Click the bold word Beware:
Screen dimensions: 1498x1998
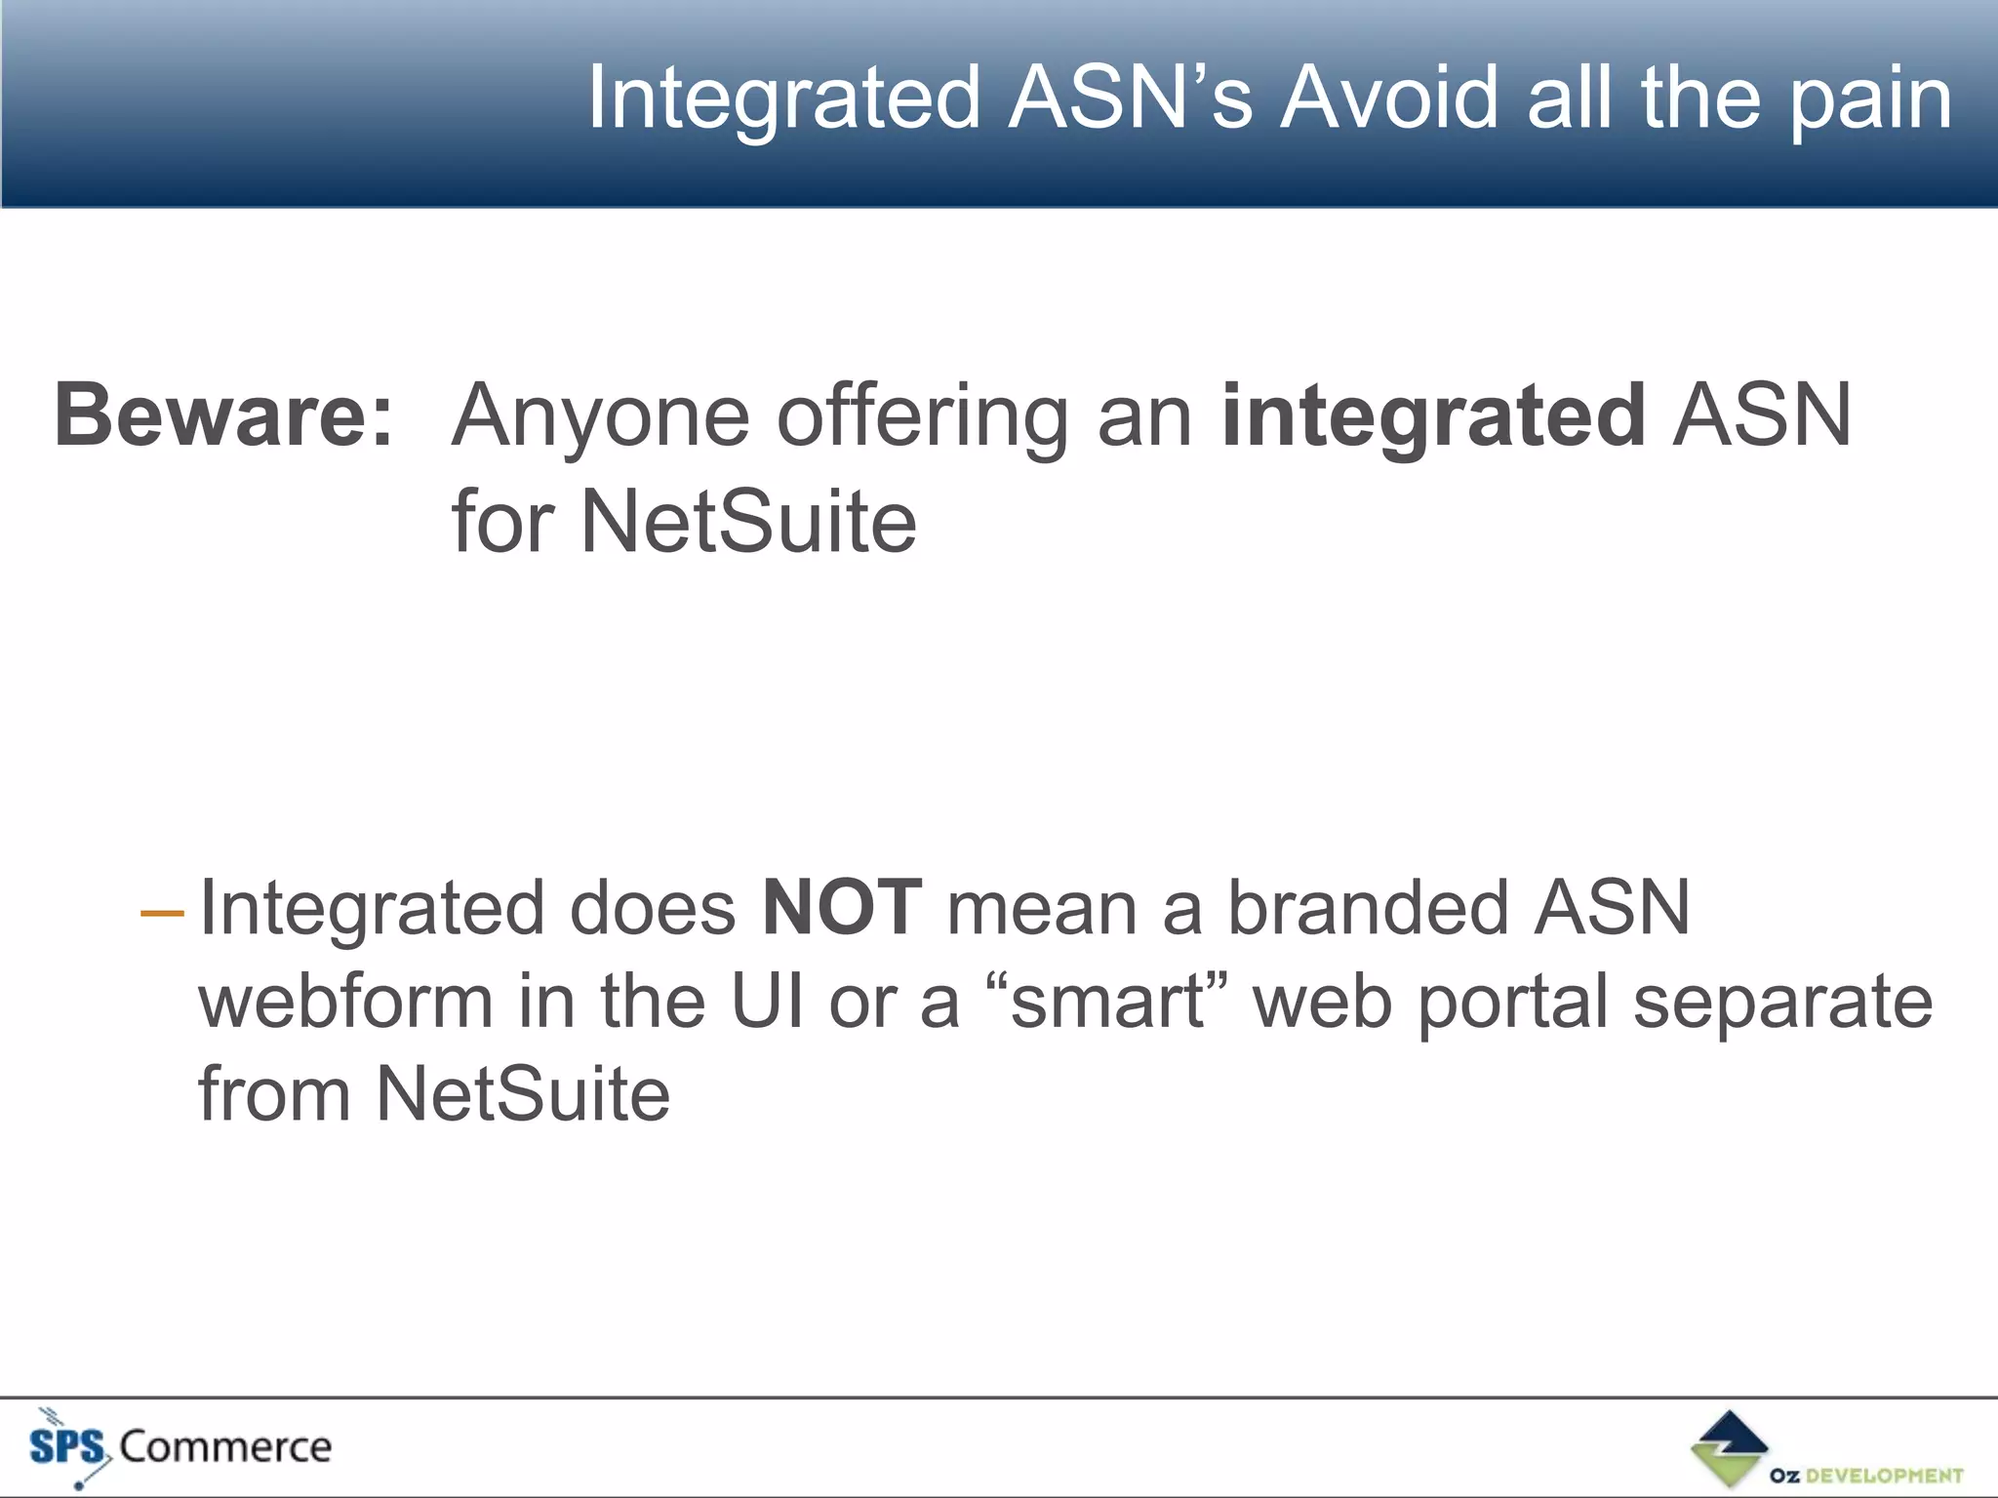pos(223,415)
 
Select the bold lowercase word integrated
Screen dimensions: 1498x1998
pos(1434,417)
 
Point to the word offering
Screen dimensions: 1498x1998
pos(922,417)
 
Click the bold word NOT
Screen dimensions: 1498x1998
pos(842,908)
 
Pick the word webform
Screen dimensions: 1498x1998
pos(346,1002)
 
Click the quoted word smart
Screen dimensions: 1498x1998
pos(1107,1002)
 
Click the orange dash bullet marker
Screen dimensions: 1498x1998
pos(162,914)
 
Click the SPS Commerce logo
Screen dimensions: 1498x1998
pos(180,1446)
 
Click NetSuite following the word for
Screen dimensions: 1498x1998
pos(748,522)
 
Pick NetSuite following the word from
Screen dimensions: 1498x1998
pos(523,1094)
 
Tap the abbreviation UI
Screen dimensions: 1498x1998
pos(768,1002)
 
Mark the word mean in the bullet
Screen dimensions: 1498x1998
pos(1042,908)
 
